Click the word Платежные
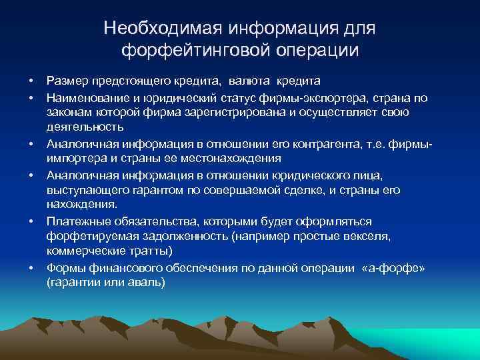tap(77, 221)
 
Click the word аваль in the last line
tap(145, 282)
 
